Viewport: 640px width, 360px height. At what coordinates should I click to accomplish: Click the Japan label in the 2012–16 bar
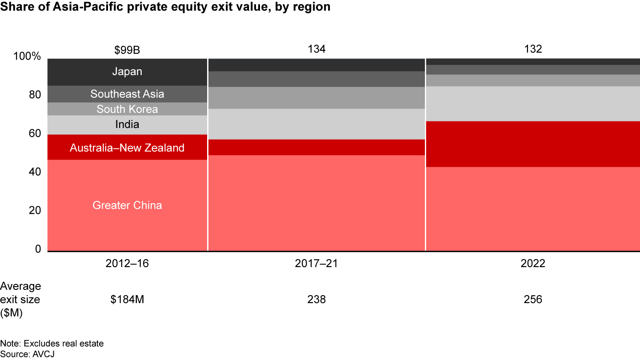127,72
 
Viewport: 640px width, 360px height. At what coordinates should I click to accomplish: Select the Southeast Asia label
127,94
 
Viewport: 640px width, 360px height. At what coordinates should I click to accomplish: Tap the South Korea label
127,109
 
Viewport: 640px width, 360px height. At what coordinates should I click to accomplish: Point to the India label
127,124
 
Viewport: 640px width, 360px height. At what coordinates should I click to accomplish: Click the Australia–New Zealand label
127,148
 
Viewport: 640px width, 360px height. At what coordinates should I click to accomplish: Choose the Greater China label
127,205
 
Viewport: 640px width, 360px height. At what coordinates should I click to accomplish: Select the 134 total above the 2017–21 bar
316,49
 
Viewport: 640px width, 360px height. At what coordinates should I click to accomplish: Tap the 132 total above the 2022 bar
533,49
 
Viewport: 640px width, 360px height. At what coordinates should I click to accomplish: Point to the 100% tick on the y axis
28,57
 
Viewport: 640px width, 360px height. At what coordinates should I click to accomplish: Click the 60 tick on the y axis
36,134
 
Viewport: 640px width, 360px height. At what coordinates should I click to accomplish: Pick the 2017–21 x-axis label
316,264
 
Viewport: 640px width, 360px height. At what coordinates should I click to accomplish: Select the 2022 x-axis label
533,264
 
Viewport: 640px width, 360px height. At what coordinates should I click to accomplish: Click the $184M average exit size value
127,300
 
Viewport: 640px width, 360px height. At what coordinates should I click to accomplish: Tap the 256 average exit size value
533,300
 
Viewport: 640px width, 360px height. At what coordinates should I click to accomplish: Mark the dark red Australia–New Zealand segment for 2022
533,144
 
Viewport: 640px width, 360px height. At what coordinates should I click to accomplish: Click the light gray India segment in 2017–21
316,124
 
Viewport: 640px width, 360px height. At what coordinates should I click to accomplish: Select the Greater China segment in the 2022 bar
533,209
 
